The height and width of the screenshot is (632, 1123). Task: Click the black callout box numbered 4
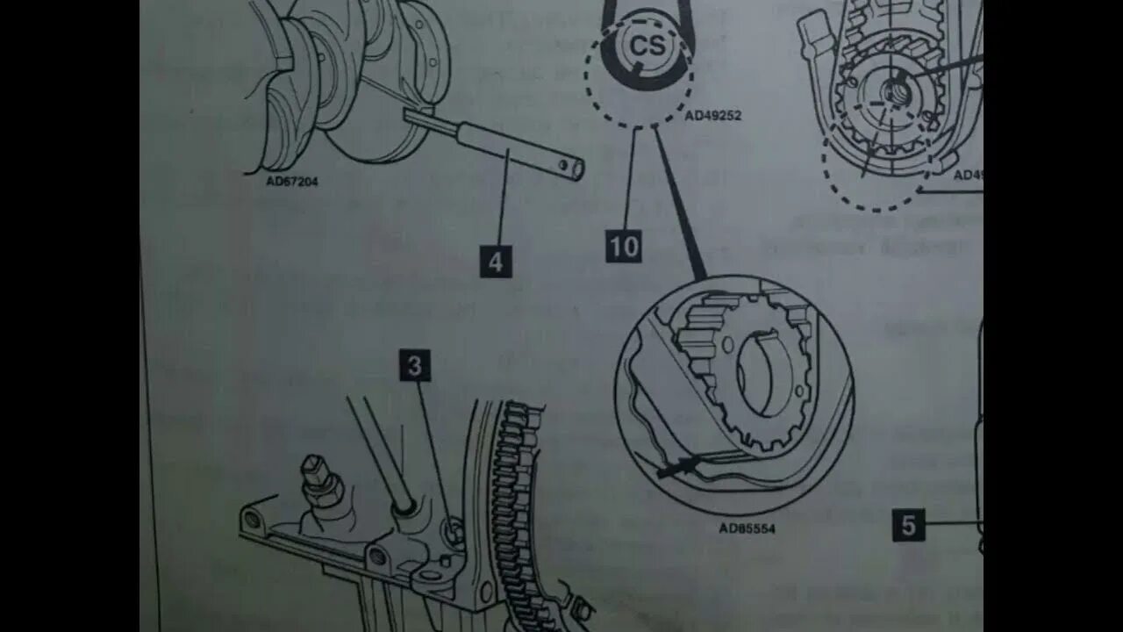pos(496,262)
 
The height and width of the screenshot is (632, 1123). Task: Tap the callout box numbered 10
pos(624,247)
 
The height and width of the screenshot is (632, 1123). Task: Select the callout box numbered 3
pos(415,365)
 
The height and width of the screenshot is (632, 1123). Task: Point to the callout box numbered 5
pos(909,525)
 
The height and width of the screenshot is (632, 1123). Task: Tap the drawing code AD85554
pos(747,528)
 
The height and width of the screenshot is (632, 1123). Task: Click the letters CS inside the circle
pos(648,47)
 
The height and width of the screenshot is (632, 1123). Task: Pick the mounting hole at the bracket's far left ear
pos(253,520)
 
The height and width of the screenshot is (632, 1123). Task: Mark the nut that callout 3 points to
pos(453,531)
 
